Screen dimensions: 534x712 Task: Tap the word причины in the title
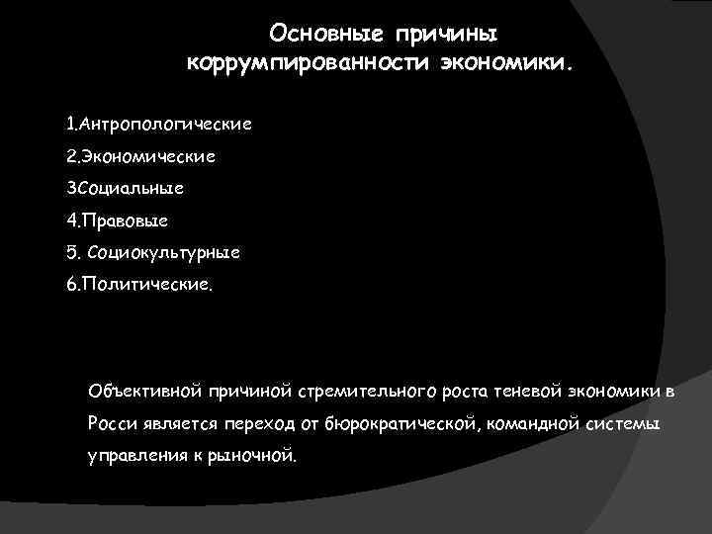(x=447, y=36)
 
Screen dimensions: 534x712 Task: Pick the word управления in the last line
(x=132, y=457)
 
